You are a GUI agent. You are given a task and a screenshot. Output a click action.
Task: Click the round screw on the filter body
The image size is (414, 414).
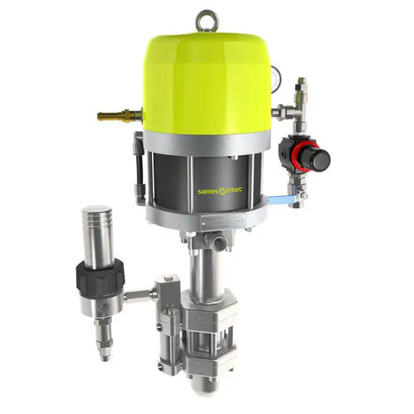102,305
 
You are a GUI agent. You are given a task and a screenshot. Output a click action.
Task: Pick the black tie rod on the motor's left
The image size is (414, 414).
141,181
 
